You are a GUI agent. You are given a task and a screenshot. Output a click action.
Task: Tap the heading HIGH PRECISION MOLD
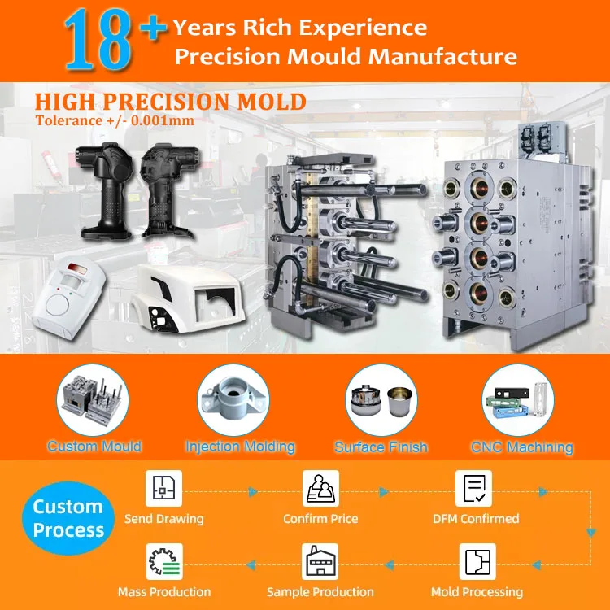pyautogui.click(x=170, y=102)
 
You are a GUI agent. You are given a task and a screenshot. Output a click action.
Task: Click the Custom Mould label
pyautogui.click(x=94, y=447)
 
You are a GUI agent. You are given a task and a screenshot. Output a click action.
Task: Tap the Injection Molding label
pyautogui.click(x=240, y=447)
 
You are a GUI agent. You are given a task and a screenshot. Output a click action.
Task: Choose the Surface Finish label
pyautogui.click(x=381, y=447)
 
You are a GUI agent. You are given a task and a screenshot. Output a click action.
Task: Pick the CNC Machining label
pyautogui.click(x=521, y=447)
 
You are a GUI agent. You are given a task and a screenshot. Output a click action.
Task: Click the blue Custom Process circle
pyautogui.click(x=68, y=519)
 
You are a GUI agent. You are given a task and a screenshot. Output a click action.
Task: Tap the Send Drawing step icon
pyautogui.click(x=163, y=489)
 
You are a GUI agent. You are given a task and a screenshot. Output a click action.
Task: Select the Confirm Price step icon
pyautogui.click(x=320, y=489)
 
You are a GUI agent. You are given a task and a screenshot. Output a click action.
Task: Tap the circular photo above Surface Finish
pyautogui.click(x=381, y=399)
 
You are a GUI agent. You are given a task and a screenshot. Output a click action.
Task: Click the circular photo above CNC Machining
pyautogui.click(x=521, y=399)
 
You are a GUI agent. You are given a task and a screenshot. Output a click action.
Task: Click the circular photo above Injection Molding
pyautogui.click(x=240, y=399)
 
